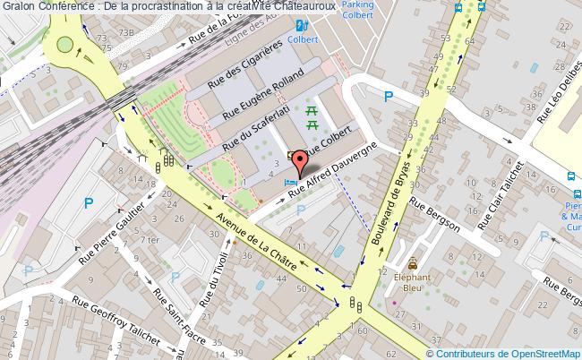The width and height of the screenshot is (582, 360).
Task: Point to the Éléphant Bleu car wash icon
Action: (412, 264)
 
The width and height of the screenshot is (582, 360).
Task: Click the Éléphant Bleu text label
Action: (412, 283)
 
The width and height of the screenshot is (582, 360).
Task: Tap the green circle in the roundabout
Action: (65, 44)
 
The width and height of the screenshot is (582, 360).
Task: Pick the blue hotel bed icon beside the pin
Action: (288, 182)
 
